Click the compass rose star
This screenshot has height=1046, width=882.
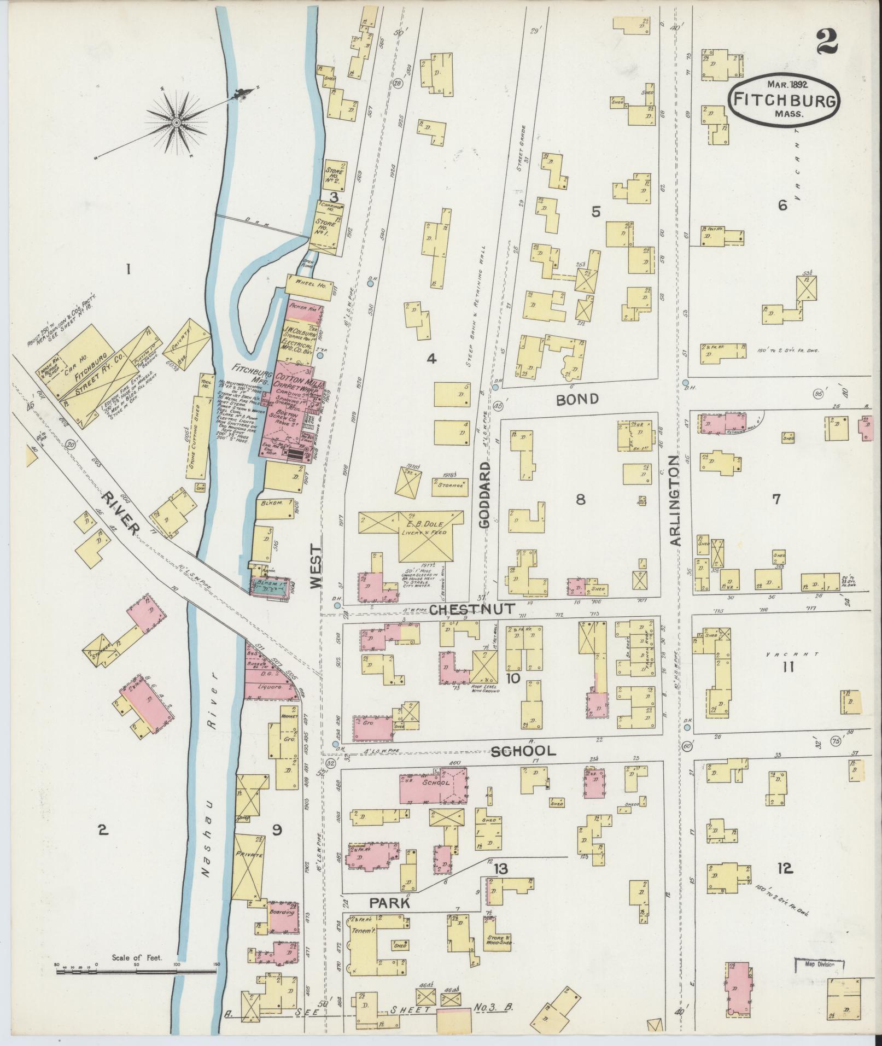coord(177,123)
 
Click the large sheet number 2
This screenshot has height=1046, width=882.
coord(829,42)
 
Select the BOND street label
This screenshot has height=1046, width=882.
coord(577,399)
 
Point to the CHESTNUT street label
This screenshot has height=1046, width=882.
coord(471,609)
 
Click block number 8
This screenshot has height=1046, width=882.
coord(580,499)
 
